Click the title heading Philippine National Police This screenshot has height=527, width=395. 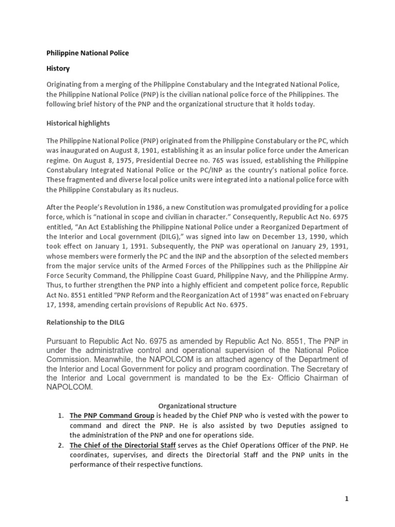[88, 53]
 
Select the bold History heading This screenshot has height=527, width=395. [58, 68]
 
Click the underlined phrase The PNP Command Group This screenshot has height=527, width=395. [112, 416]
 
